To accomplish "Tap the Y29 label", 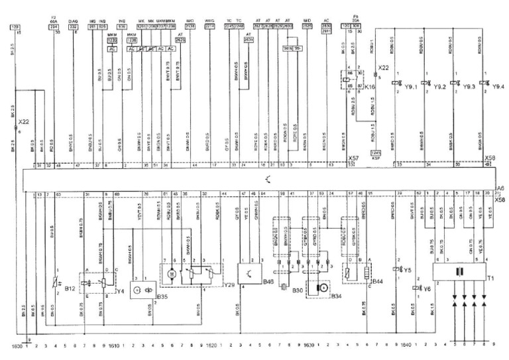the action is (229, 284).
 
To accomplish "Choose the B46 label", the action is (268, 281).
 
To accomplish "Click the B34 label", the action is (335, 295).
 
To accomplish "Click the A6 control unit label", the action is (502, 188).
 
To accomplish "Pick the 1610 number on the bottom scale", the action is (115, 345).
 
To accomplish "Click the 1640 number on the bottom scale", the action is (406, 345).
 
